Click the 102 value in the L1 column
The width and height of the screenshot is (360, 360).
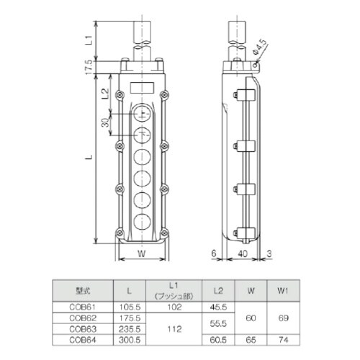click(x=174, y=305)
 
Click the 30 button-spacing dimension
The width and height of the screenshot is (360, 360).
click(x=106, y=123)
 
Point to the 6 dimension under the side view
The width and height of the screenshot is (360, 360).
click(x=215, y=254)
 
